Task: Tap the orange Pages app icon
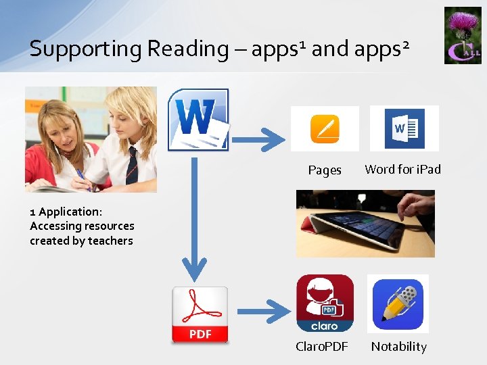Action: click(325, 128)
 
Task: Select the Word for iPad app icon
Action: click(404, 128)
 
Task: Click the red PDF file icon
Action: click(200, 315)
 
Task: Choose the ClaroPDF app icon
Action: click(325, 303)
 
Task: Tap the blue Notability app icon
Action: click(398, 303)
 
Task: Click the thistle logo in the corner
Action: click(463, 35)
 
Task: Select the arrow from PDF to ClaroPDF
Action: click(264, 312)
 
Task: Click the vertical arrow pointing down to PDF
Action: click(196, 223)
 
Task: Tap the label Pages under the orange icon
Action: click(325, 170)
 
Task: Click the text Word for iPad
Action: click(402, 170)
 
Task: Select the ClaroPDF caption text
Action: click(323, 347)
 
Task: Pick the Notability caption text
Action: click(398, 347)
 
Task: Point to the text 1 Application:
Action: click(66, 212)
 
